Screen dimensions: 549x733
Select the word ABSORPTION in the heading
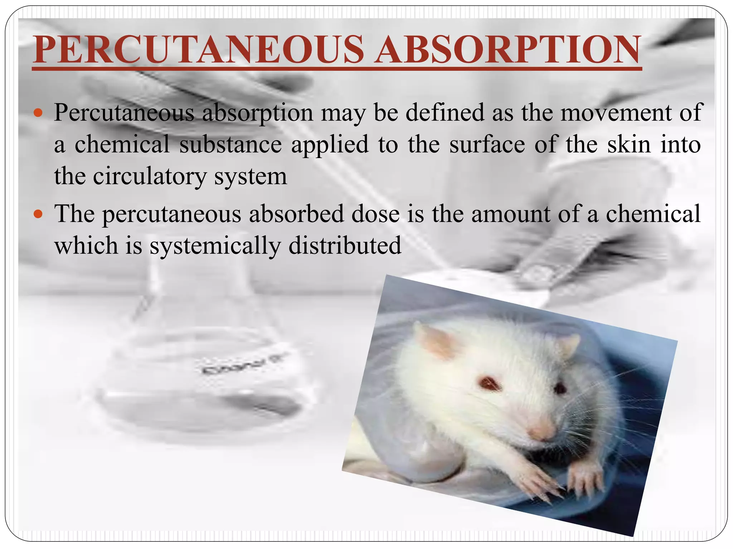[x=507, y=50]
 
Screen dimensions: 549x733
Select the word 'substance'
[x=230, y=145]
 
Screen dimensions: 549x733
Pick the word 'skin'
[x=629, y=145]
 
